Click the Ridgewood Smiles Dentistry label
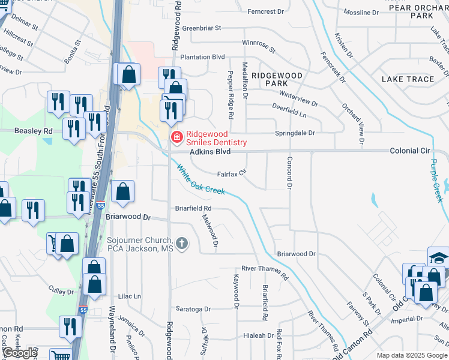click(216, 138)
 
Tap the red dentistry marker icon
click(176, 138)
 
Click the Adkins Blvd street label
click(210, 152)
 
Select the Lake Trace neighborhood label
click(408, 79)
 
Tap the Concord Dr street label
click(289, 173)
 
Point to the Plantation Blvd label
click(202, 57)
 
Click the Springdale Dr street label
click(295, 133)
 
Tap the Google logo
click(20, 353)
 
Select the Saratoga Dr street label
click(193, 309)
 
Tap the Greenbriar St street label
click(202, 28)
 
